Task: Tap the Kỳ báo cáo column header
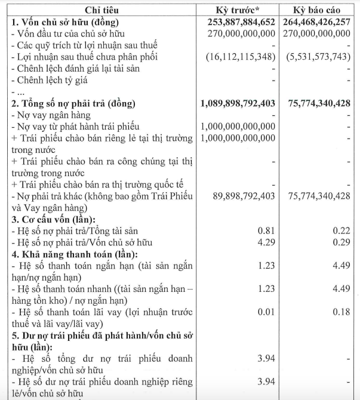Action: point(316,10)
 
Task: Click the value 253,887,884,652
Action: point(237,22)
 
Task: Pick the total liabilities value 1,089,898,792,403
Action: point(237,103)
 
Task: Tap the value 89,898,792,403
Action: point(243,196)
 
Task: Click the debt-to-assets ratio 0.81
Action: point(266,230)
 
